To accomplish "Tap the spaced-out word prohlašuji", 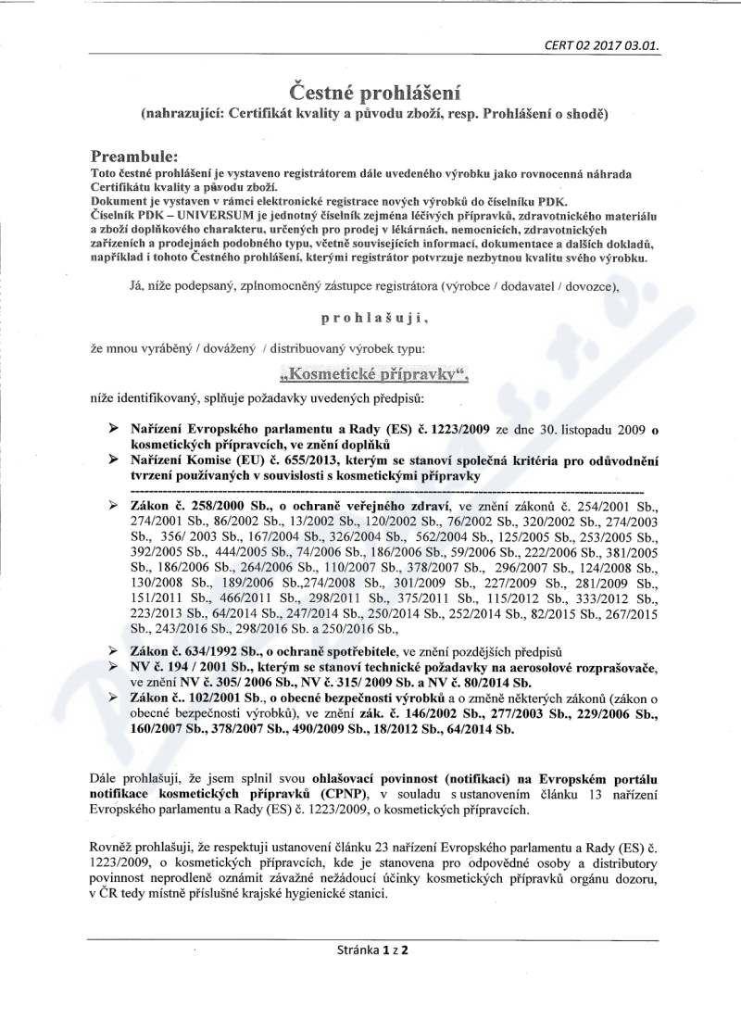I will pyautogui.click(x=373, y=317).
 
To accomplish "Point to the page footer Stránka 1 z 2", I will pyautogui.click(x=373, y=950).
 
